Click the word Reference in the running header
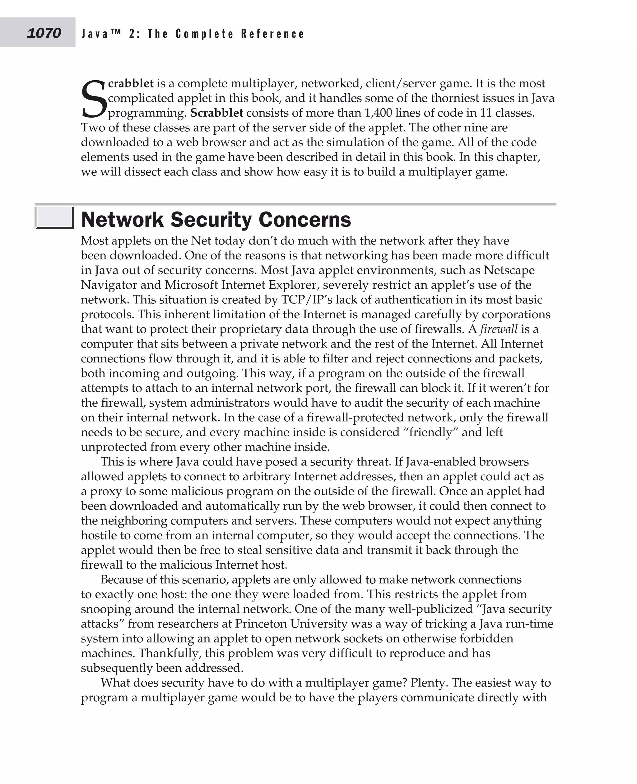(273, 34)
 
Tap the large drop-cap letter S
(94, 99)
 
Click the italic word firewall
(499, 329)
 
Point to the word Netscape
(509, 270)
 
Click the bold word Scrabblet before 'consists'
(216, 113)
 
